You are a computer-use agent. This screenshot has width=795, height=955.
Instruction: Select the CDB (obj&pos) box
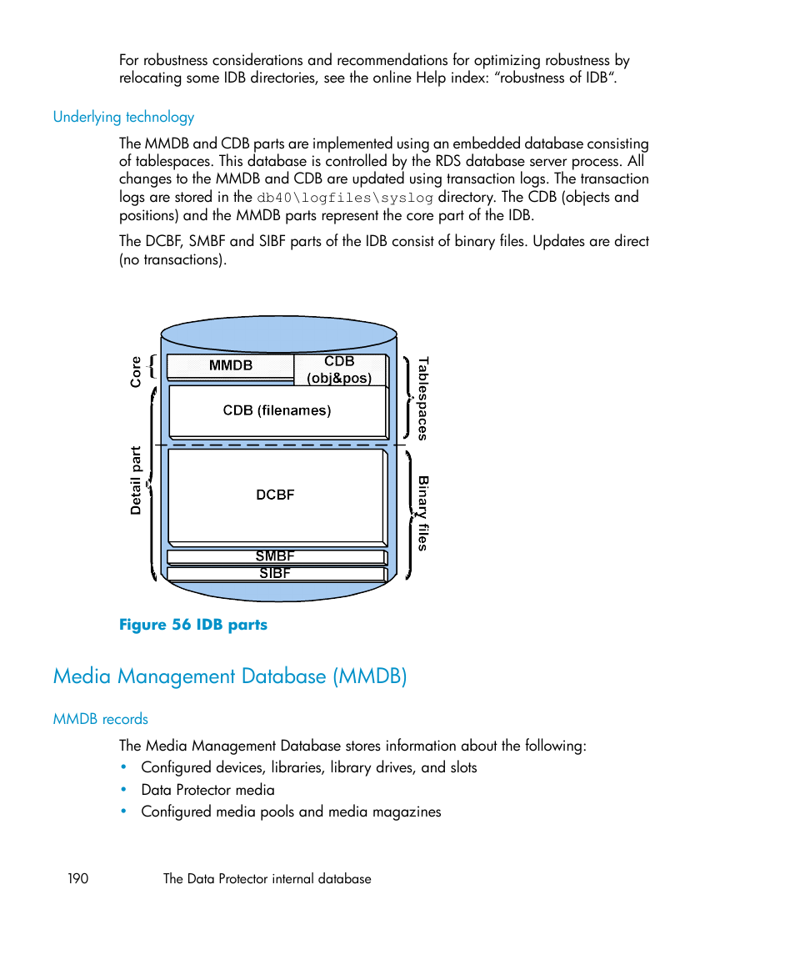[340, 369]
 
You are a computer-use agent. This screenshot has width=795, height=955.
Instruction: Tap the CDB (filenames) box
[277, 410]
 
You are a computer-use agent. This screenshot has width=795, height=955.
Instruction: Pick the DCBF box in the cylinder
[275, 495]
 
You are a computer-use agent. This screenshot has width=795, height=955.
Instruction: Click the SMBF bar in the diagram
[275, 556]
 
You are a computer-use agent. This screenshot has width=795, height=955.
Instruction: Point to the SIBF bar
[275, 573]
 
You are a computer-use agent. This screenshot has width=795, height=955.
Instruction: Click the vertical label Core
[136, 371]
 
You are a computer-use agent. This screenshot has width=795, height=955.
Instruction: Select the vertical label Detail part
[136, 480]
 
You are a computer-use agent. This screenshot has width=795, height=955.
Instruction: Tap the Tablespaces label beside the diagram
[423, 398]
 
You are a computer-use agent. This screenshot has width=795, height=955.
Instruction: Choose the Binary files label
[423, 513]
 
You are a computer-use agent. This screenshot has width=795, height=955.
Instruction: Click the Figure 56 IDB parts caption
[193, 625]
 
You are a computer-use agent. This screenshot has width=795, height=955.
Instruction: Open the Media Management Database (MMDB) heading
[230, 676]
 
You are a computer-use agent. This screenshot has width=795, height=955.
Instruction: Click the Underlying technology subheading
[123, 117]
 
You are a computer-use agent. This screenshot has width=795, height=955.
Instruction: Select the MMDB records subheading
[100, 719]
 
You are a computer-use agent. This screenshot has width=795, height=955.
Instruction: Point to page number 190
[77, 878]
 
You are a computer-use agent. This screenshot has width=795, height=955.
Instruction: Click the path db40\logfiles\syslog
[344, 198]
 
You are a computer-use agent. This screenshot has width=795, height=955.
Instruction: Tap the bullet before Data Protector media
[124, 790]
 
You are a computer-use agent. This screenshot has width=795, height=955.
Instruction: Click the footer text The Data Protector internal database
[267, 878]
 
